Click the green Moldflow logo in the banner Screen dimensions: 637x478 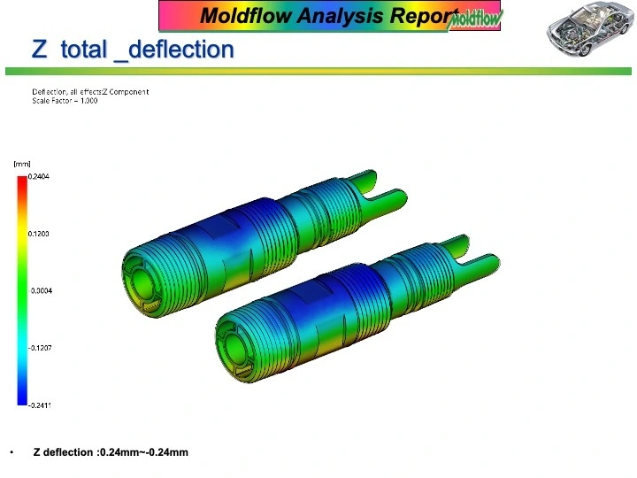474,20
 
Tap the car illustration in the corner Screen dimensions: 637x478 590,28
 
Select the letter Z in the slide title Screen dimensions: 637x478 40,50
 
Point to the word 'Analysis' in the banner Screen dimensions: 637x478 340,16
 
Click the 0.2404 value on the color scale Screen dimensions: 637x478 39,176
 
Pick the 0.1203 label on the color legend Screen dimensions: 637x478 39,234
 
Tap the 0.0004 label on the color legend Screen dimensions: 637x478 42,290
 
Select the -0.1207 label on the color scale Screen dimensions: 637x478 40,348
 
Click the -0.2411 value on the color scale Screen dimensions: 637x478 40,405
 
